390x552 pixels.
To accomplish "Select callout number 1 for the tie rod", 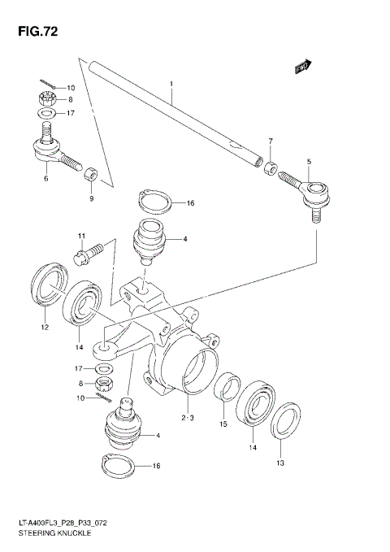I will [x=172, y=84].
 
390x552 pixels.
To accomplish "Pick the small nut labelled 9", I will [x=93, y=173].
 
